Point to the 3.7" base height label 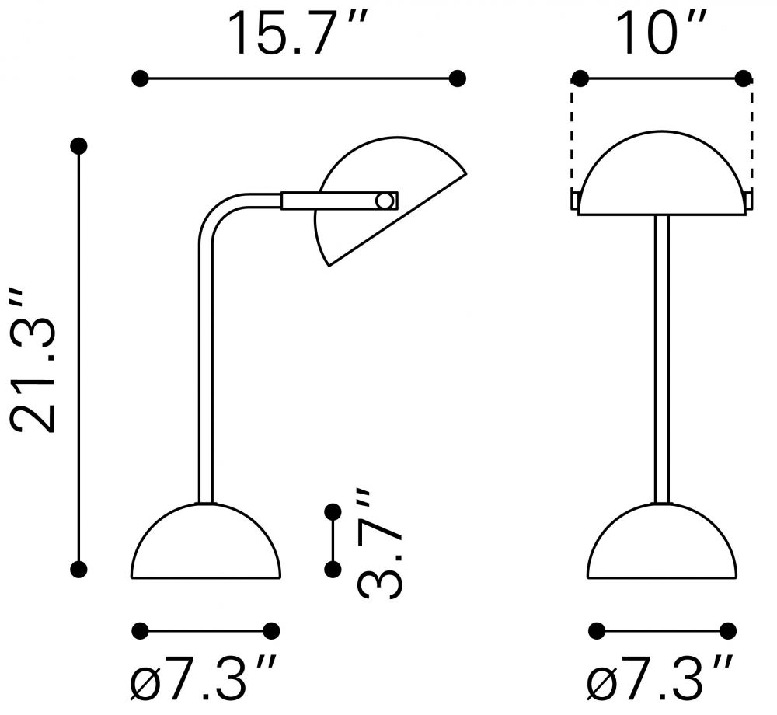(x=378, y=543)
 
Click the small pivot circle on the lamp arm (x=384, y=201)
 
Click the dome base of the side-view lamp (x=206, y=542)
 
